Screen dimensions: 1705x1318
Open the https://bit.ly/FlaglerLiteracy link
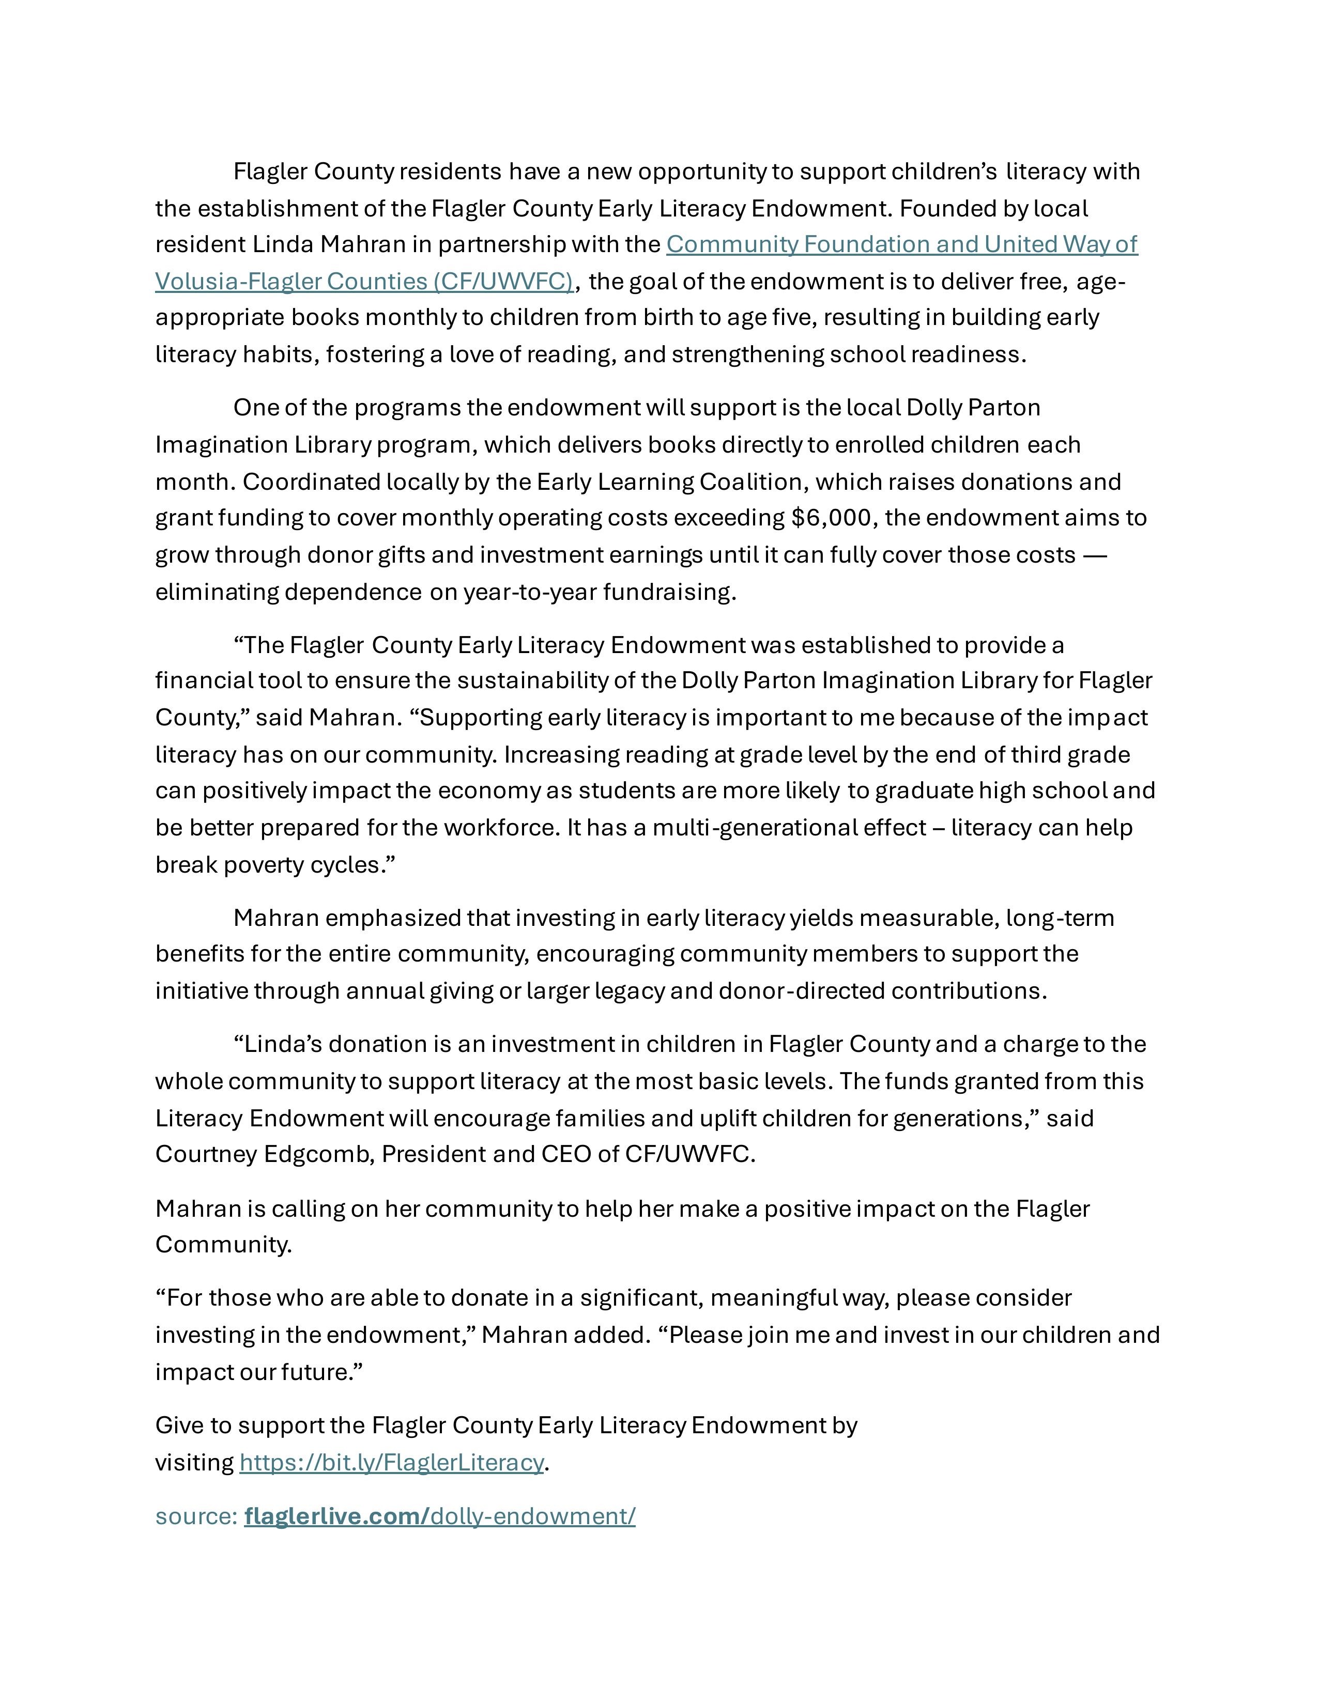point(391,1462)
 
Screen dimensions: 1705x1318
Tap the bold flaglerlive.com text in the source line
point(336,1516)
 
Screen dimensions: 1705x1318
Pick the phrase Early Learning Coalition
point(669,482)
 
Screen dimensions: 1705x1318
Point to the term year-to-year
point(532,592)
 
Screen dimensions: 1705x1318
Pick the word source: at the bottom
point(196,1516)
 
